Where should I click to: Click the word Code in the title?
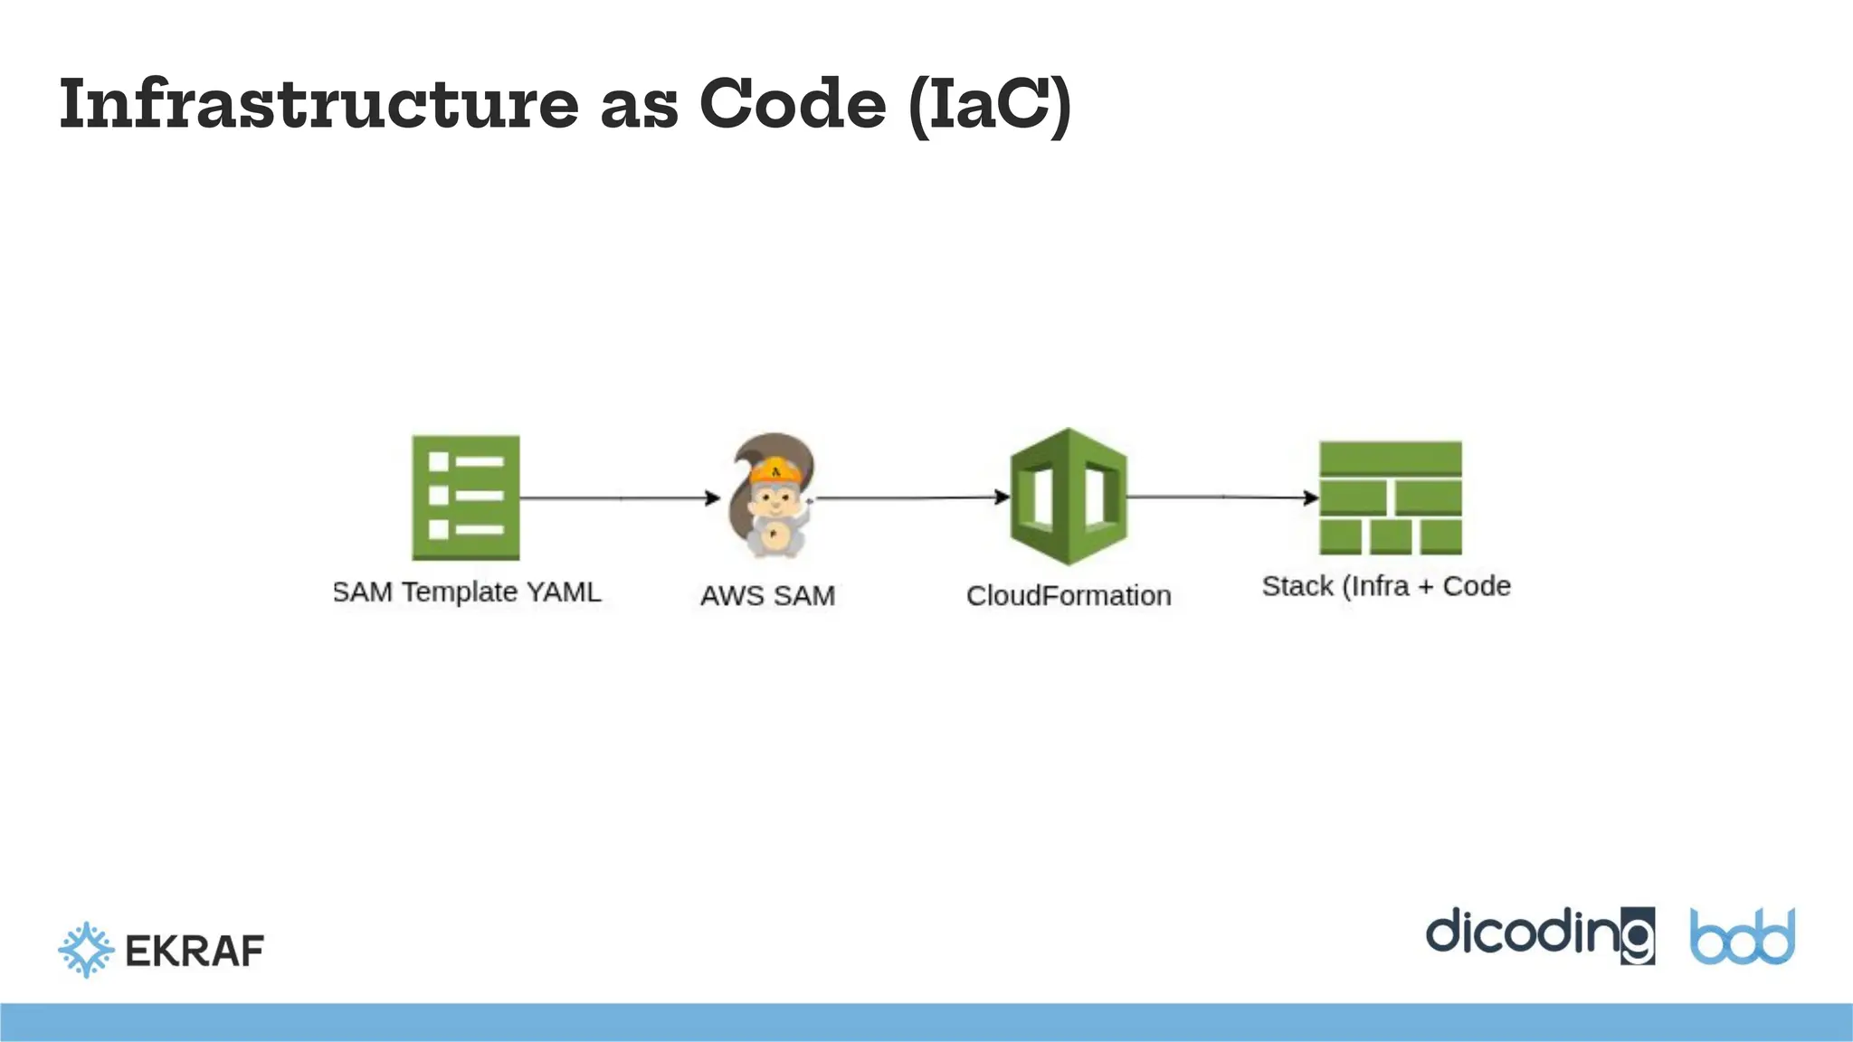[793, 103]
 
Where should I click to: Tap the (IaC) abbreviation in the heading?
[990, 105]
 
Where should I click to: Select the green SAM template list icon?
[466, 497]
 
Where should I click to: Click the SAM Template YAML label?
[467, 592]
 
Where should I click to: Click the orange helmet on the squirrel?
[775, 471]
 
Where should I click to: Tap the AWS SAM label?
[767, 596]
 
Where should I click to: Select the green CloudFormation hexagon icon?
[1069, 497]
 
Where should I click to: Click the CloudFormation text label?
[1069, 596]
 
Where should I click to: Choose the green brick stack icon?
[1391, 497]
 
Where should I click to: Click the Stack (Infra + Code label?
[1386, 586]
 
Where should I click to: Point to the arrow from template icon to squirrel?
[620, 497]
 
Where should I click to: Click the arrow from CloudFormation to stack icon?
[1221, 497]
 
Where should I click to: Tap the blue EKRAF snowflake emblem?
[86, 950]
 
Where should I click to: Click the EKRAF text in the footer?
[195, 951]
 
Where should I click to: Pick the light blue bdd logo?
[1743, 937]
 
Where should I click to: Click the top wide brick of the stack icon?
[1391, 459]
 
